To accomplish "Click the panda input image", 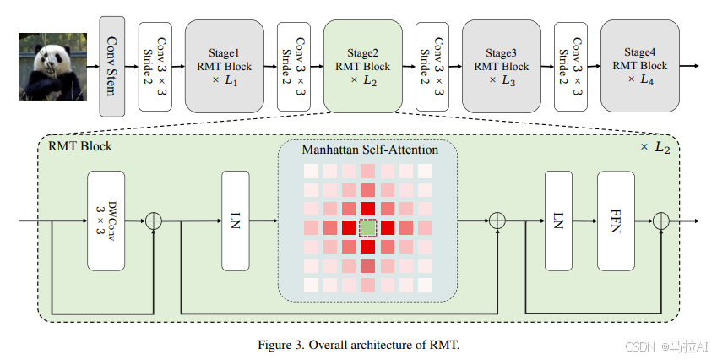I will [52, 66].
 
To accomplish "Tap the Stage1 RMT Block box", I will [225, 66].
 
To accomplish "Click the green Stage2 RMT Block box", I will [363, 66].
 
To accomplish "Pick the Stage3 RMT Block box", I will [502, 66].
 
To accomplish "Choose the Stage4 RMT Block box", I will [639, 66].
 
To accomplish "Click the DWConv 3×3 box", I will [106, 221].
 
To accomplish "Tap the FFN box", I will [616, 221].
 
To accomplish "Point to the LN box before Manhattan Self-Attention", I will [236, 221].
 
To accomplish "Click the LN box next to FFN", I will [559, 221].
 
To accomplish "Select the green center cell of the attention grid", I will [367, 228].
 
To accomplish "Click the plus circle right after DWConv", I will [154, 221].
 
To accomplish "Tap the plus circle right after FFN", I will [660, 221].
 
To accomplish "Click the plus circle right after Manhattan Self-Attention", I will [497, 221].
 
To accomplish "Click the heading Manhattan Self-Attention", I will [370, 150].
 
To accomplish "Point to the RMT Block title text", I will [80, 146].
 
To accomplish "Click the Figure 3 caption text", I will [359, 345].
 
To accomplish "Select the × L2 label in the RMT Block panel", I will [657, 147].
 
